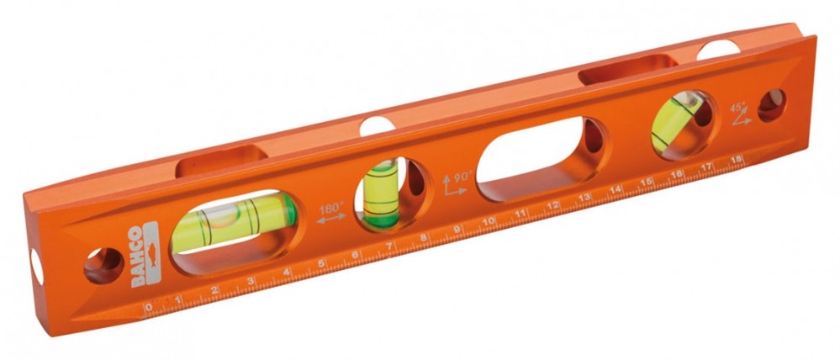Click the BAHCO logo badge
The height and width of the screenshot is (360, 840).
click(144, 256)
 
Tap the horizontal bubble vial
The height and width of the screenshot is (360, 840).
click(234, 223)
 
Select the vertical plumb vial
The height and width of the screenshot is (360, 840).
click(381, 193)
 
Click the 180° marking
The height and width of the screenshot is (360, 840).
click(331, 207)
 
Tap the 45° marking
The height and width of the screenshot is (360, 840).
click(737, 107)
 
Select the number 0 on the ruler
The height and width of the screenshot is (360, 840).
click(148, 307)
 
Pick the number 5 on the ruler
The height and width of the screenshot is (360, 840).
click(321, 262)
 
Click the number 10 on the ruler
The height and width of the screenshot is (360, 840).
click(488, 221)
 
